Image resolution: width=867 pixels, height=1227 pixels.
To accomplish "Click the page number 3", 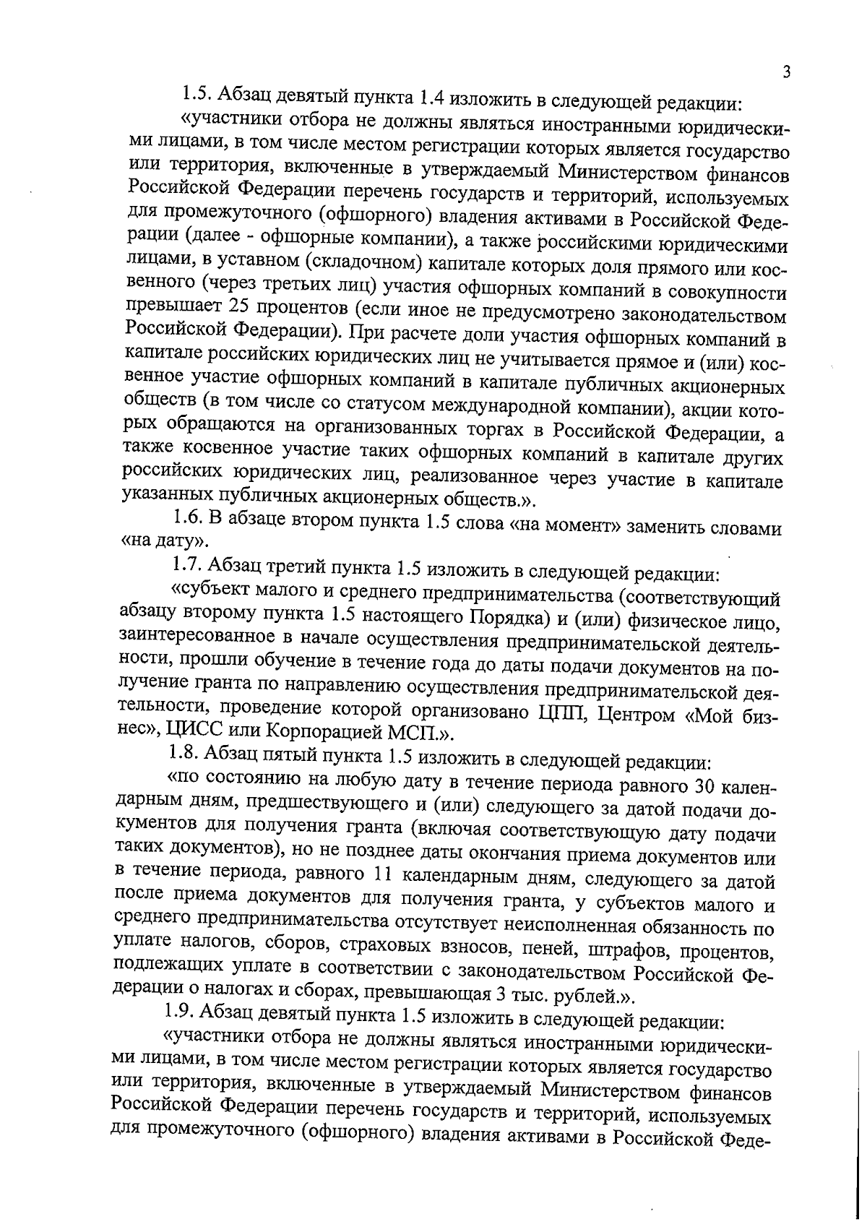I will [786, 72].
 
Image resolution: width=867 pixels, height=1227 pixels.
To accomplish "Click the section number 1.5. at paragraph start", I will [197, 93].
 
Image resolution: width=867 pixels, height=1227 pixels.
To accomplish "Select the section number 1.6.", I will [189, 518].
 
